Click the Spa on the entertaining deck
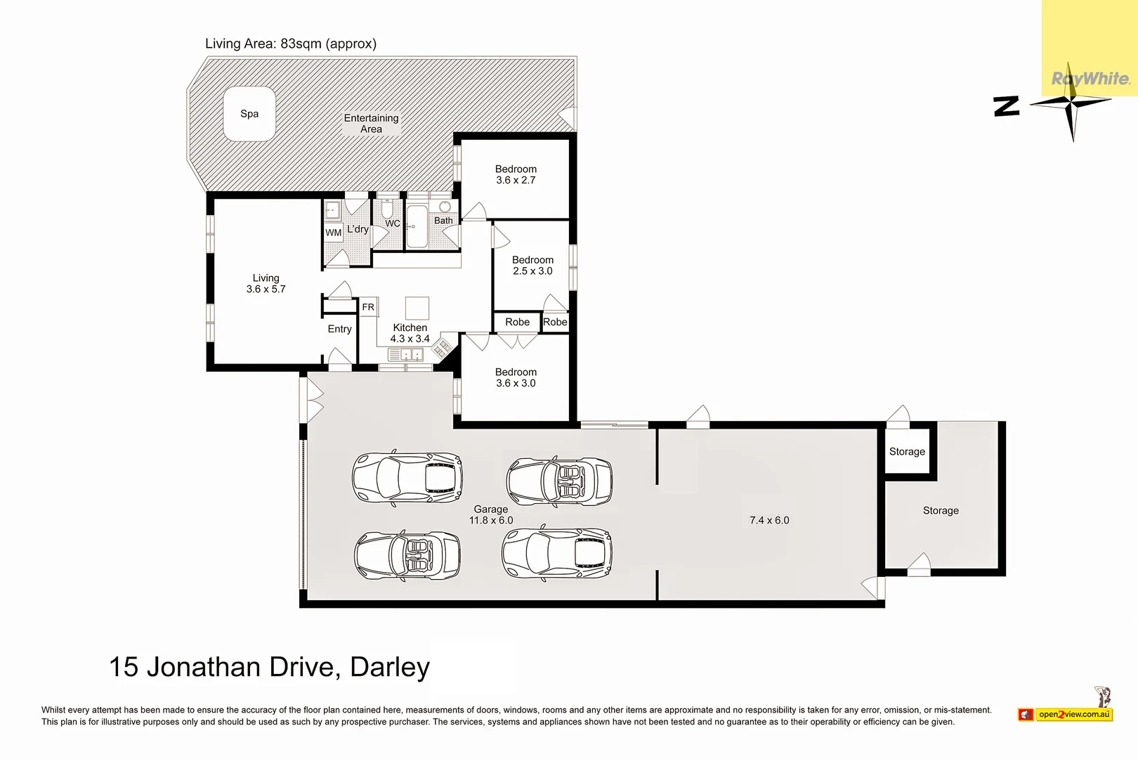(x=249, y=113)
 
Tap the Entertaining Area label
(x=372, y=124)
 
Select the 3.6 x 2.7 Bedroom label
(x=516, y=174)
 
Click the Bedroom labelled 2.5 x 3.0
(x=532, y=266)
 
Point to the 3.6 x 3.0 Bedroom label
(x=516, y=377)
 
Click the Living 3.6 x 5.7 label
(x=266, y=284)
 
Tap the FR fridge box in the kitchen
(x=368, y=307)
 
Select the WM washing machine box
(x=333, y=233)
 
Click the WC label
(x=392, y=223)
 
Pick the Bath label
(x=443, y=221)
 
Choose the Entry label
(x=339, y=329)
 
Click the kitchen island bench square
(x=417, y=308)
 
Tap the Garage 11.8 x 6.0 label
(x=491, y=514)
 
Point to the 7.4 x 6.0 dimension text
(x=769, y=520)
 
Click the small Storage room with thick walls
(x=908, y=451)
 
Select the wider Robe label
(x=517, y=322)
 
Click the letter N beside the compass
(x=1007, y=107)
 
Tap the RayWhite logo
(x=1090, y=79)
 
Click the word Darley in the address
(x=390, y=668)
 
